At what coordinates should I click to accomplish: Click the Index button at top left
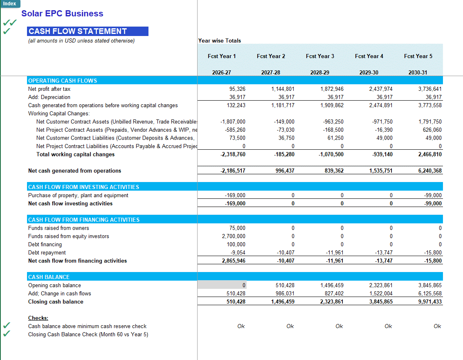[9, 4]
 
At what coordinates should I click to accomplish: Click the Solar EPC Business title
[62, 13]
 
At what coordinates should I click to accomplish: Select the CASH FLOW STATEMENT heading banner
[88, 32]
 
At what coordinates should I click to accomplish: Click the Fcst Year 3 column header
[320, 56]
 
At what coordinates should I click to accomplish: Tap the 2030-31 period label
[418, 72]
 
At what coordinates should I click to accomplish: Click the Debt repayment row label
[47, 252]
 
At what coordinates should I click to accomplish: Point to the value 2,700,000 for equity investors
[234, 236]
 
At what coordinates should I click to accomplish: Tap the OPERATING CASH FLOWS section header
[63, 81]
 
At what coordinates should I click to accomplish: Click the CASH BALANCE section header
[49, 277]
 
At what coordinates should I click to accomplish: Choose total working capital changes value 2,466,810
[429, 154]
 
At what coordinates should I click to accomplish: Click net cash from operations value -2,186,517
[233, 171]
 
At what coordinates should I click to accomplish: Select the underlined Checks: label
[38, 318]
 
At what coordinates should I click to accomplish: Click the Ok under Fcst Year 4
[388, 326]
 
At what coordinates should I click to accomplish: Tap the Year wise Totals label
[220, 40]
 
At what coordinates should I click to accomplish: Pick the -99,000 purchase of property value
[433, 195]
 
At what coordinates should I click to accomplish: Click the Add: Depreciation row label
[49, 97]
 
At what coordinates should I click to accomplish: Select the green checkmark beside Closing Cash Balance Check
[7, 334]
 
